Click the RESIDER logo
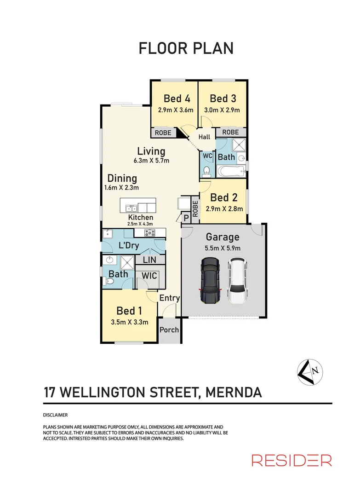[291, 460]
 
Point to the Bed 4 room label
[177, 98]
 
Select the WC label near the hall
[207, 156]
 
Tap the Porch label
[169, 330]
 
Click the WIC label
[149, 276]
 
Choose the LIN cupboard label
[149, 260]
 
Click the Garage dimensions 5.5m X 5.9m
[223, 248]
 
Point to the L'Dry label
[128, 245]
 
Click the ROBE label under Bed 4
[163, 133]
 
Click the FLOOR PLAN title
[186, 48]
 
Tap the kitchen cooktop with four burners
[151, 233]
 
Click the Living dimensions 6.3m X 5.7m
[151, 161]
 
